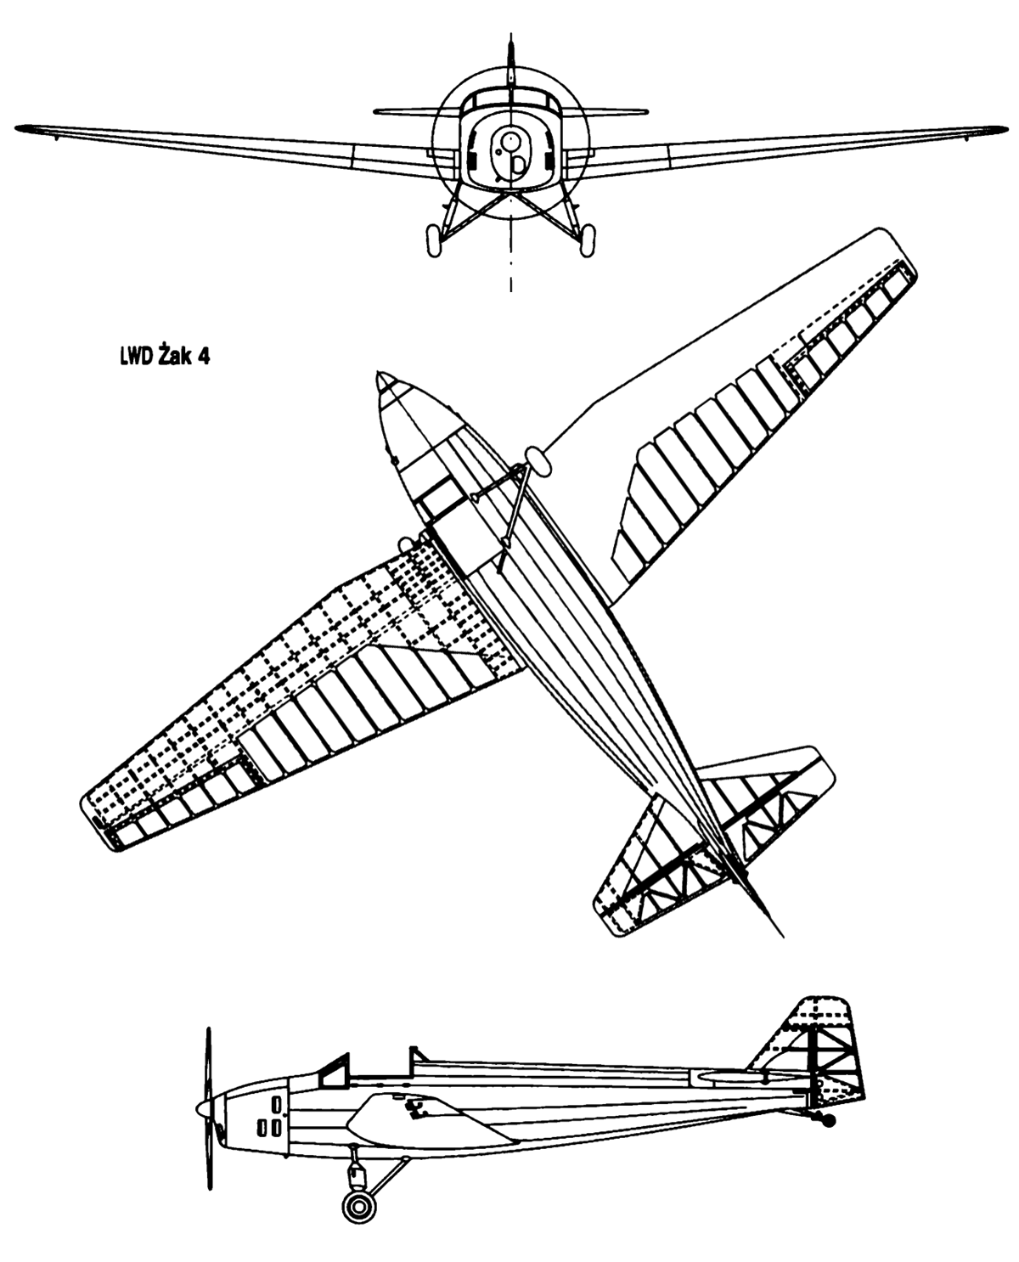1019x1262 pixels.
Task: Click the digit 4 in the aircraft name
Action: (x=204, y=357)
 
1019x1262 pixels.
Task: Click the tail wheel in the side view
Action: (x=829, y=1119)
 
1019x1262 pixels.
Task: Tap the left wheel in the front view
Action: (x=434, y=240)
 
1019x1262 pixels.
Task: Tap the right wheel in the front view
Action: (x=587, y=240)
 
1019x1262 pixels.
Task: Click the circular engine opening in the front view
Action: (x=508, y=141)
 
